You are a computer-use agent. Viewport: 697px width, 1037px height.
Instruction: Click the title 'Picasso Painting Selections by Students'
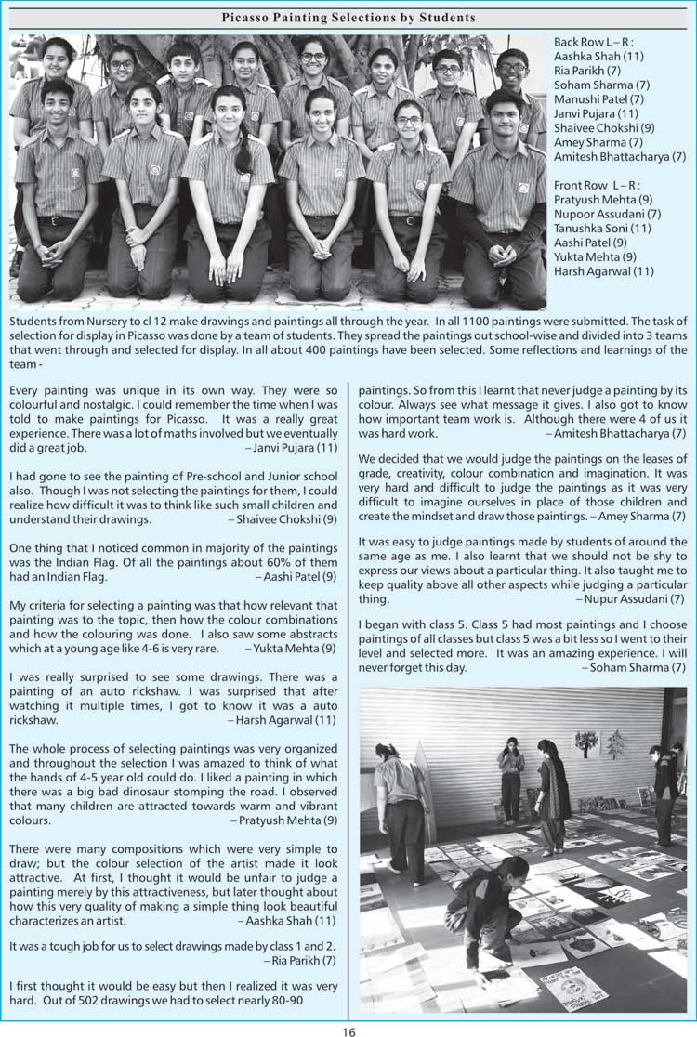[348, 18]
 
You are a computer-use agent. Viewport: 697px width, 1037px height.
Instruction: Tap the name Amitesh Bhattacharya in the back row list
[619, 157]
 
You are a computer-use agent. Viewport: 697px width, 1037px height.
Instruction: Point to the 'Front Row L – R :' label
[594, 186]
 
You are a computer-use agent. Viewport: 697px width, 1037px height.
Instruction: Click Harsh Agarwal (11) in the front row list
[603, 271]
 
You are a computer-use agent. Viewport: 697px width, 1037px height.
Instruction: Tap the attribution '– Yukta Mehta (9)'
[291, 648]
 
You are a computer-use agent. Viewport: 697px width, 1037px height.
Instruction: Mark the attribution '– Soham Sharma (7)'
[634, 667]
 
